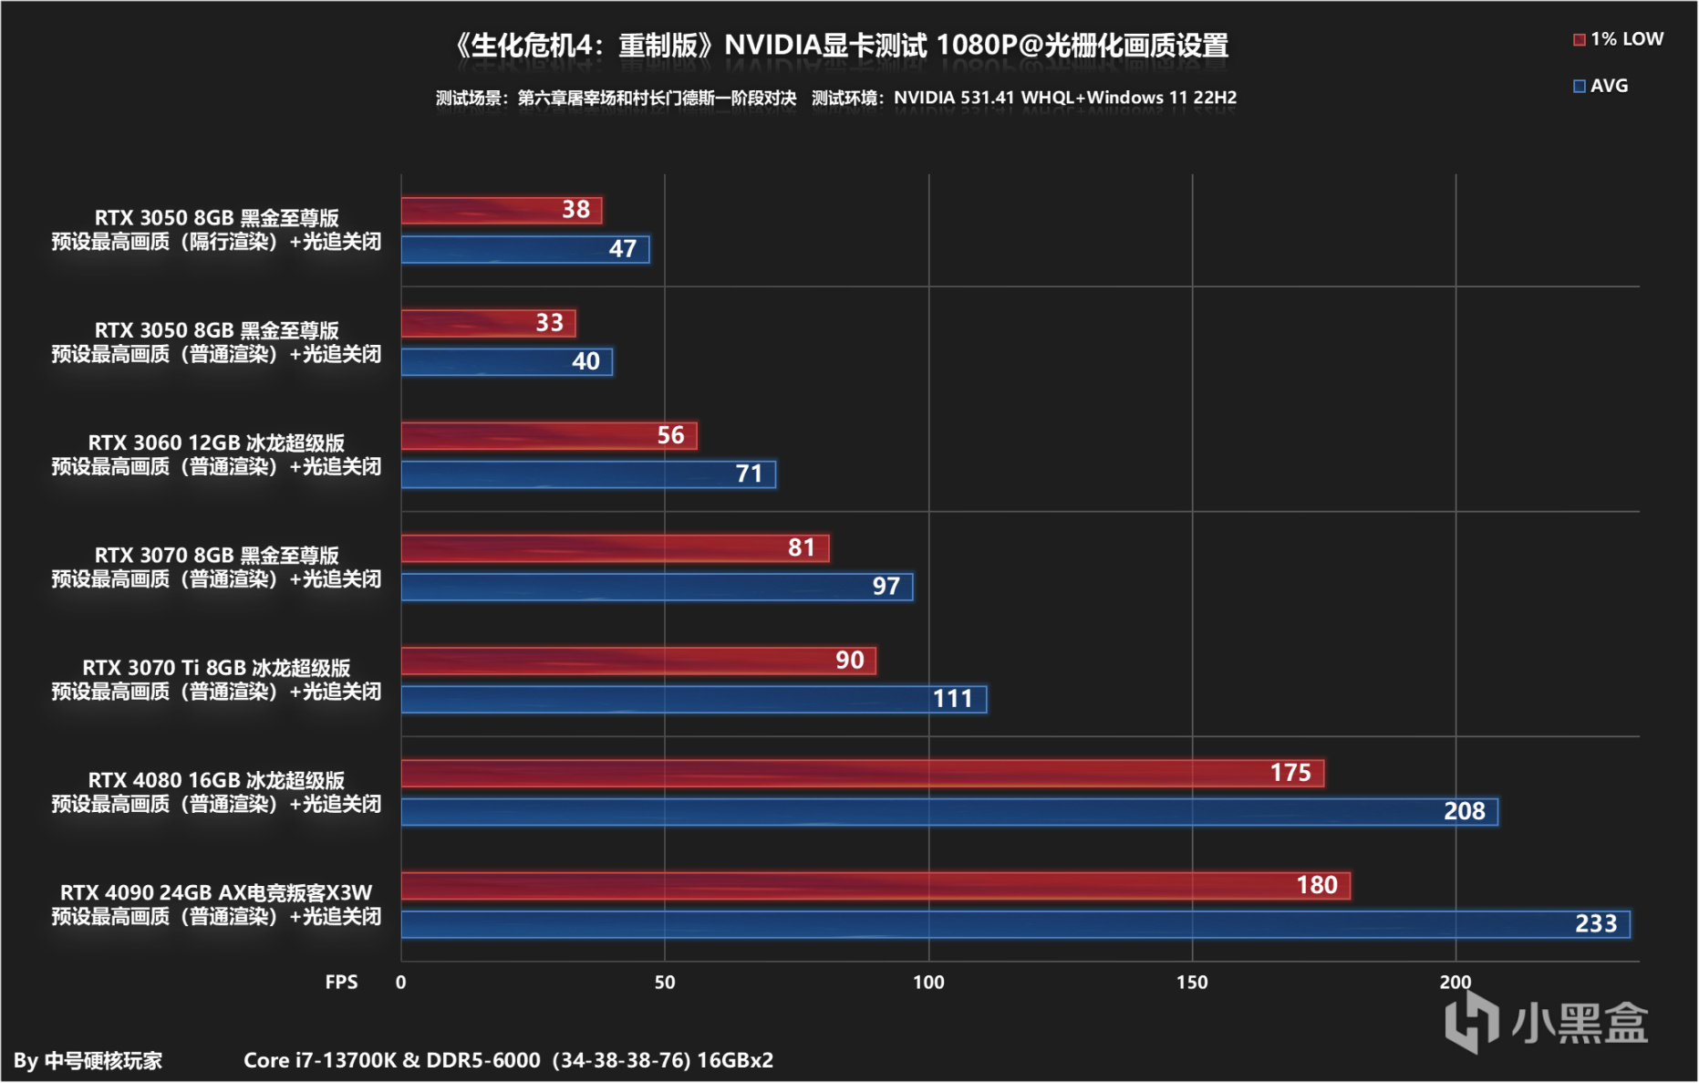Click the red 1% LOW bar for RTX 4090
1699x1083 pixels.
point(875,885)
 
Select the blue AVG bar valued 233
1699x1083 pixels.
point(1015,924)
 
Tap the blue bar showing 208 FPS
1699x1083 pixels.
point(948,811)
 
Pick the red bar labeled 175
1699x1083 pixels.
point(862,773)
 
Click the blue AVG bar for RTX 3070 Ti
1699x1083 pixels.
point(693,699)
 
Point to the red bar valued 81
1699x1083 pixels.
point(615,547)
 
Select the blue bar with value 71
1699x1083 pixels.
point(588,474)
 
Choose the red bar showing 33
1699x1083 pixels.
point(488,323)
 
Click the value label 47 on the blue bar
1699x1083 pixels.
point(623,249)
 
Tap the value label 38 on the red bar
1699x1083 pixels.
point(575,210)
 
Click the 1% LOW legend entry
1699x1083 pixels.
point(1618,39)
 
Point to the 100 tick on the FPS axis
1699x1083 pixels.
point(928,983)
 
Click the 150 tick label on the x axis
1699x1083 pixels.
point(1191,983)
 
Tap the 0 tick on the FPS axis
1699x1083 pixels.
point(401,983)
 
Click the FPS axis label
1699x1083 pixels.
point(341,983)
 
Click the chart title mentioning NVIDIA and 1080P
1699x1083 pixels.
point(840,46)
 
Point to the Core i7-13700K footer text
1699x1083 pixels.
point(508,1060)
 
